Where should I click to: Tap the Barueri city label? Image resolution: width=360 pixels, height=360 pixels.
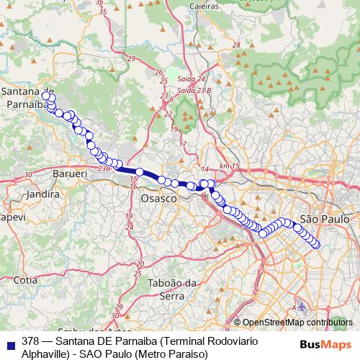coord(70,174)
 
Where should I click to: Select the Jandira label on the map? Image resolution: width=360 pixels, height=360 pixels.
coord(41,194)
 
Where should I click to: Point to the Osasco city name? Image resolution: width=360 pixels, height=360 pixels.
coord(158,197)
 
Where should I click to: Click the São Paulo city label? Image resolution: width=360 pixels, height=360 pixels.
coord(324,218)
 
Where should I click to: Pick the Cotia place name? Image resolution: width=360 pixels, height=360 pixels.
coord(24,279)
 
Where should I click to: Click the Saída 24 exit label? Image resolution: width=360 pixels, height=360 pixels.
coord(192,78)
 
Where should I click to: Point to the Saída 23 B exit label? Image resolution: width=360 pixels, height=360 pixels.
coord(194,91)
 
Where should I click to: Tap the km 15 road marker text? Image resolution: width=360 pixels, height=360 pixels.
coord(230,166)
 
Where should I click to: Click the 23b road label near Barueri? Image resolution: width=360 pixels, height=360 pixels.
coord(104,168)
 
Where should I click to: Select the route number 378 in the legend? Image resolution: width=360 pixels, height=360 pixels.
coord(31,341)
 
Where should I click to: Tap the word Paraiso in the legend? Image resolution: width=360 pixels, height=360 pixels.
coord(189,354)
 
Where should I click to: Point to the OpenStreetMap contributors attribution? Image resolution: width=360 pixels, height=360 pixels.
coord(297,323)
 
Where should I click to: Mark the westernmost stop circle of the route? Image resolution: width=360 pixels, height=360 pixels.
coord(46,96)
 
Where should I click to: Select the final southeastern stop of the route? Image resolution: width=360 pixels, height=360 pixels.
coord(315,245)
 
